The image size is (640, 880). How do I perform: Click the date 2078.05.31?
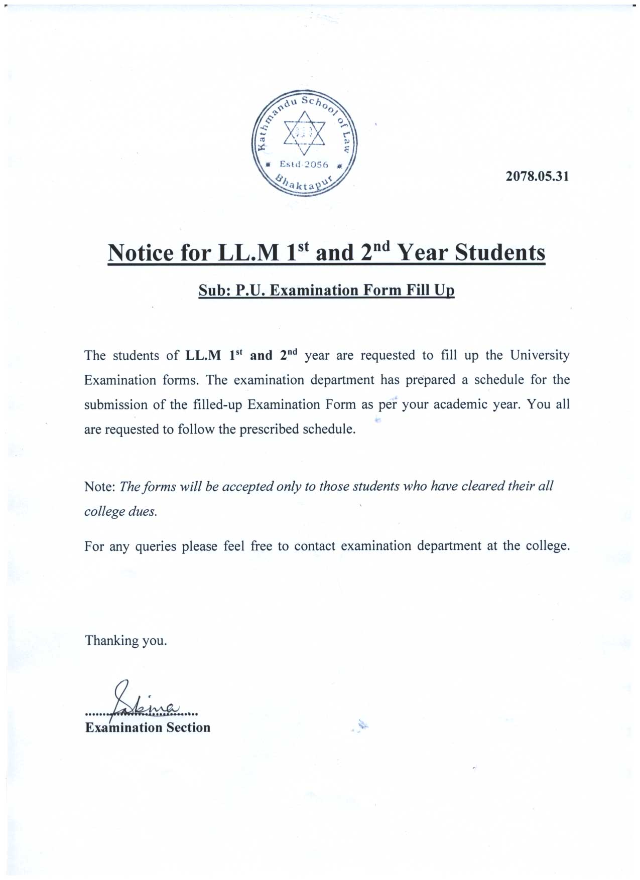click(x=537, y=177)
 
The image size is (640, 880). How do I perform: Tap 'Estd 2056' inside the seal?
click(x=303, y=165)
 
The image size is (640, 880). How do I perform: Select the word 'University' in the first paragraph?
click(x=540, y=356)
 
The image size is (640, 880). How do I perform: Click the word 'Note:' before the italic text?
click(x=100, y=487)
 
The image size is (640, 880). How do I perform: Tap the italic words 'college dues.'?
click(x=120, y=512)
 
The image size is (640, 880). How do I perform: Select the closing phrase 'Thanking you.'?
click(x=125, y=641)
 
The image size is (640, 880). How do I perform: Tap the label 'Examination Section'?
click(x=148, y=727)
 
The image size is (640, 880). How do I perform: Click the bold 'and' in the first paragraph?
click(x=261, y=356)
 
